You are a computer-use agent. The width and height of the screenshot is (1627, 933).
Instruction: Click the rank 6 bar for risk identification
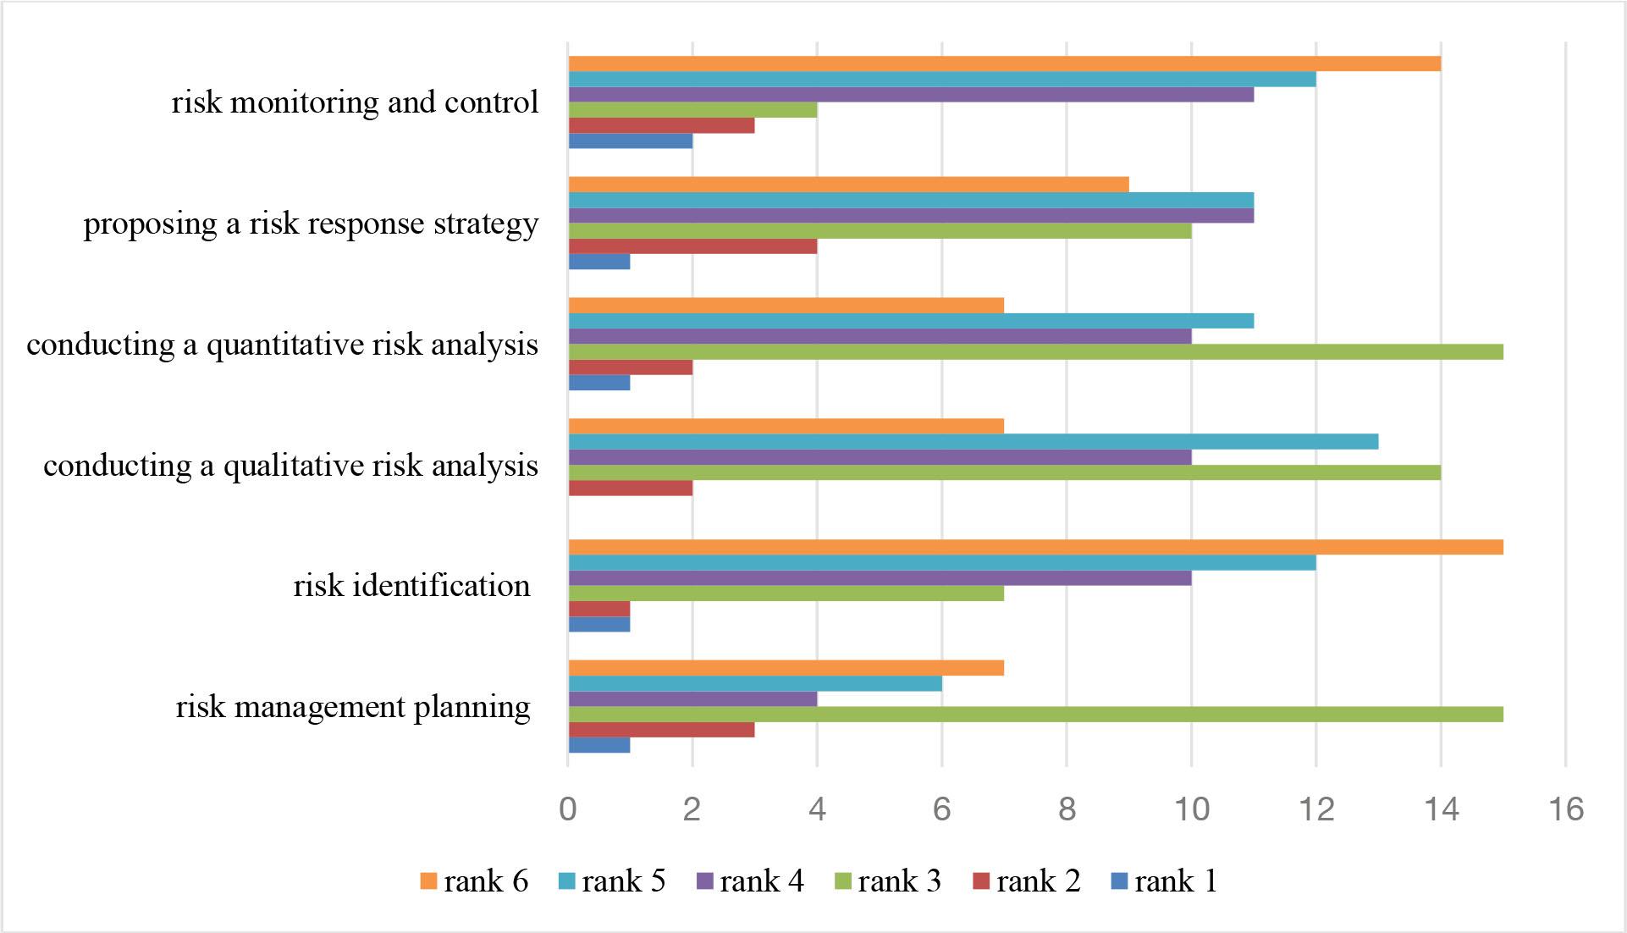(1034, 547)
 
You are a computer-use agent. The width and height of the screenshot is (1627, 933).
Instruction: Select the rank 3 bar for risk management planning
(1034, 714)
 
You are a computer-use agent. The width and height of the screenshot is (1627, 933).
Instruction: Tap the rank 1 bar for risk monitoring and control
(630, 141)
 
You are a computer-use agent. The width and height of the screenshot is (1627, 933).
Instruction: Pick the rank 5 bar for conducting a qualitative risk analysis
(973, 441)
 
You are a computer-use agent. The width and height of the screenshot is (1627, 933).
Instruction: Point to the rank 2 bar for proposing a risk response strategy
(692, 246)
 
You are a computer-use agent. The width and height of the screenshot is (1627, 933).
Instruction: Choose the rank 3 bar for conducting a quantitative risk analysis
(1034, 351)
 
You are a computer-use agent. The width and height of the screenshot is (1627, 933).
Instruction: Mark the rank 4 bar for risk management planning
(692, 698)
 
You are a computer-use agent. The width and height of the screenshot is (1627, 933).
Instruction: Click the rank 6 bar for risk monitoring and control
(1004, 63)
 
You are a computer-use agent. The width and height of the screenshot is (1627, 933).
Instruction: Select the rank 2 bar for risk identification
(598, 609)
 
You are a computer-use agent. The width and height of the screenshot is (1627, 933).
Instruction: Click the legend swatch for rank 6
(428, 881)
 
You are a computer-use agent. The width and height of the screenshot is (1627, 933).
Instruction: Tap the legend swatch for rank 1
(1119, 881)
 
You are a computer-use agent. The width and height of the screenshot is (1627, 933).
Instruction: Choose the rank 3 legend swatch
(843, 881)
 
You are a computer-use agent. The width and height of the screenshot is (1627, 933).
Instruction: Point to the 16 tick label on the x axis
(1566, 809)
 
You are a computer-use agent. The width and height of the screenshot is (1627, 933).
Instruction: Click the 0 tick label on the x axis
(567, 809)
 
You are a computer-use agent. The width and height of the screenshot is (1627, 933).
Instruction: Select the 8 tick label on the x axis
(1067, 809)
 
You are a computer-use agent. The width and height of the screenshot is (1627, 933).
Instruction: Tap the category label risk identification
(411, 585)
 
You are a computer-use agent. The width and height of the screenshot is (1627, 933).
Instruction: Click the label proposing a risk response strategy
(311, 224)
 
